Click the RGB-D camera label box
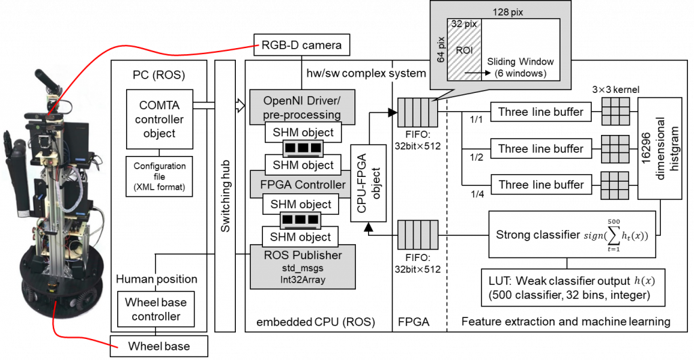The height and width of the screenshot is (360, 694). [302, 46]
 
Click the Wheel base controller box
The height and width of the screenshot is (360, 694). [156, 309]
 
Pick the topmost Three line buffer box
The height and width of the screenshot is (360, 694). [540, 112]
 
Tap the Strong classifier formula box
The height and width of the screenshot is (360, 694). [572, 235]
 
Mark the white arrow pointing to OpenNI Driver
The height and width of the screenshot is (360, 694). [239, 106]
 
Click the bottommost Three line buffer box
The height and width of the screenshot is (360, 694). [540, 184]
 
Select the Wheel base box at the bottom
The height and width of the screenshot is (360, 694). [159, 346]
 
